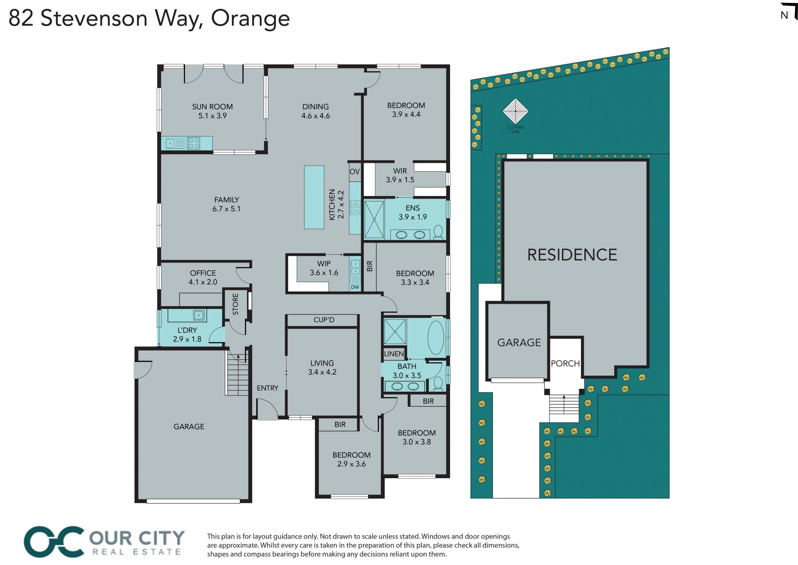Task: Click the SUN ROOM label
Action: [212, 107]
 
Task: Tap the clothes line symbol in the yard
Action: [515, 111]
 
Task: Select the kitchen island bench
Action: [314, 197]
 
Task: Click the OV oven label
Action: [355, 172]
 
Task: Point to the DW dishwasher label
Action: [355, 287]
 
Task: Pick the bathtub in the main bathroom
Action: [436, 337]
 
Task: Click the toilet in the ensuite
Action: [438, 232]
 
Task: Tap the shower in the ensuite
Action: [374, 220]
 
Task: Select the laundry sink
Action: [199, 315]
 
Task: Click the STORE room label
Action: [236, 304]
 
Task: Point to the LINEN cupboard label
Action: [394, 354]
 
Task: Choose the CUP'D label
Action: [324, 320]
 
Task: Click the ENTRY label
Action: [267, 388]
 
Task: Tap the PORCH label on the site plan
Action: [565, 364]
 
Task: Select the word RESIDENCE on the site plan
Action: [572, 255]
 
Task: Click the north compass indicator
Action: [788, 12]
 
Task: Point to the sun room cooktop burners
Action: [194, 143]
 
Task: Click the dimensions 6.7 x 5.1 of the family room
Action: [227, 209]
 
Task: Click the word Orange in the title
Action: [250, 19]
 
